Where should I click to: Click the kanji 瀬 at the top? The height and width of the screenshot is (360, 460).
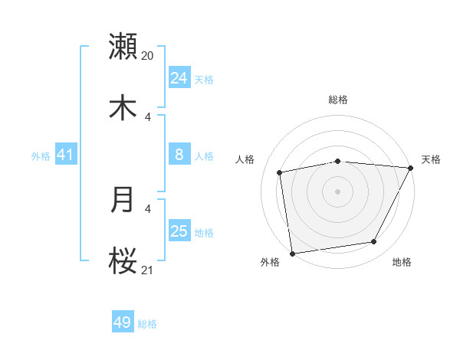pyautogui.click(x=123, y=47)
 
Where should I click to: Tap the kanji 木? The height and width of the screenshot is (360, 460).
pyautogui.click(x=123, y=108)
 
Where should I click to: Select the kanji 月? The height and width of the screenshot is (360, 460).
pyautogui.click(x=123, y=200)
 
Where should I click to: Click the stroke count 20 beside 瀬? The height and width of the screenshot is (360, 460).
pyautogui.click(x=148, y=55)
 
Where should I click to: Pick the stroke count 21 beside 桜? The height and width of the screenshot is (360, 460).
pyautogui.click(x=148, y=270)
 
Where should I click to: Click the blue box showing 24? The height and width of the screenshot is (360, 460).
pyautogui.click(x=179, y=78)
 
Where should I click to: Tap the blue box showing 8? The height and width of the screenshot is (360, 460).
pyautogui.click(x=179, y=155)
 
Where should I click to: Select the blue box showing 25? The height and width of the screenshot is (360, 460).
pyautogui.click(x=179, y=231)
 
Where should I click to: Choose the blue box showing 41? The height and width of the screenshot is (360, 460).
pyautogui.click(x=66, y=155)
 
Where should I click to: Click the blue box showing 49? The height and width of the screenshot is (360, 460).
pyautogui.click(x=123, y=322)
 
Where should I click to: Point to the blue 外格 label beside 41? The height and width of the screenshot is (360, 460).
pyautogui.click(x=41, y=156)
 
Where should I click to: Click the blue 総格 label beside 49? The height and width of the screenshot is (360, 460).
pyautogui.click(x=147, y=324)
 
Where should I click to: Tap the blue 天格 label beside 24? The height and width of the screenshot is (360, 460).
pyautogui.click(x=204, y=80)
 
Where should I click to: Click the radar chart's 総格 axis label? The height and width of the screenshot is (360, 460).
pyautogui.click(x=338, y=100)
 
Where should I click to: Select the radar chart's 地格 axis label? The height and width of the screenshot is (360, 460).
pyautogui.click(x=402, y=263)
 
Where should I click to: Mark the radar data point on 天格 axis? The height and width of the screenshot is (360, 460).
pyautogui.click(x=411, y=168)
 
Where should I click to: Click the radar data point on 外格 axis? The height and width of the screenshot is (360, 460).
pyautogui.click(x=292, y=253)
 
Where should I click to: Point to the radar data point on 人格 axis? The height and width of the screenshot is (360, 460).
pyautogui.click(x=280, y=172)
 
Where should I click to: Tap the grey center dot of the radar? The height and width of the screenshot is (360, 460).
pyautogui.click(x=338, y=191)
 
